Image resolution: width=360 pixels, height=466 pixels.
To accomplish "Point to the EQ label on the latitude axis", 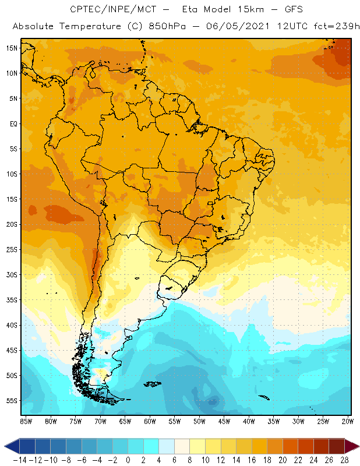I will click(12, 123).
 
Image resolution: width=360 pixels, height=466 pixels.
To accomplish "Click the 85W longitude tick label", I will click(26, 421).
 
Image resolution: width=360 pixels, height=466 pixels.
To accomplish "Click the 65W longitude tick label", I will click(125, 421).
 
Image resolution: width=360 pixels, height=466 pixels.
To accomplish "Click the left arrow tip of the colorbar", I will click(5, 446).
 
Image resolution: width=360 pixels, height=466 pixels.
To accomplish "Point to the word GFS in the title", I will click(290, 9).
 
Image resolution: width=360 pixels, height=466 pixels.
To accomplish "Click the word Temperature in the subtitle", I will click(86, 26).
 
